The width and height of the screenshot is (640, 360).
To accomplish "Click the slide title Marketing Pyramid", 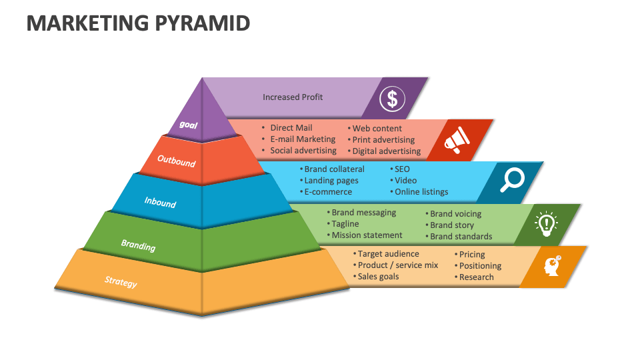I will (138, 23).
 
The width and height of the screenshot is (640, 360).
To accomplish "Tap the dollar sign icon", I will (392, 99).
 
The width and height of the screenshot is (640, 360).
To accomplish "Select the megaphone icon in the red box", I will (457, 140).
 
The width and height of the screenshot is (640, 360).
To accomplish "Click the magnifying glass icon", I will (512, 180).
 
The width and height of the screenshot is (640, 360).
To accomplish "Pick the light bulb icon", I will (546, 223).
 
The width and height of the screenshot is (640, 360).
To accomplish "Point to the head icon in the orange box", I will (552, 266).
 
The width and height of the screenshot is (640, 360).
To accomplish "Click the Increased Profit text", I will (293, 97).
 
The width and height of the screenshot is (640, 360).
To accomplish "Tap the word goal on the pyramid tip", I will (189, 125).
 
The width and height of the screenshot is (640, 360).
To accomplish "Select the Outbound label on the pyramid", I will (176, 161).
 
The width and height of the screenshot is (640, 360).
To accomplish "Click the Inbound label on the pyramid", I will (160, 201).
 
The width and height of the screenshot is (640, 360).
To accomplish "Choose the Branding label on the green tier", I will (138, 245).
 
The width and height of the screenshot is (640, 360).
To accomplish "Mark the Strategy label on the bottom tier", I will (121, 281).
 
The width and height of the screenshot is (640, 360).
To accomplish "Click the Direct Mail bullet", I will (291, 128).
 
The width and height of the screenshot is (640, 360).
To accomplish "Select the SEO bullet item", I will (402, 169).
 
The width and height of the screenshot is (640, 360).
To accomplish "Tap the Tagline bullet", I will (345, 224).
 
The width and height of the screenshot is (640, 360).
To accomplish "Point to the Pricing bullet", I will (472, 255).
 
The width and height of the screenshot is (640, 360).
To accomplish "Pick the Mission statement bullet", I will (367, 235).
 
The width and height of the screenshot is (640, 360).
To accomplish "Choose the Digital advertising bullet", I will (387, 151).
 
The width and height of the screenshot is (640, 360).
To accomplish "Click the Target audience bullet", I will (388, 254).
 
